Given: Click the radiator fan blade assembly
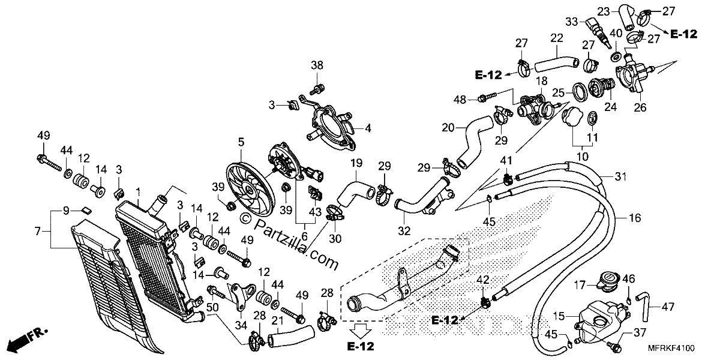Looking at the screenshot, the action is click(x=251, y=190).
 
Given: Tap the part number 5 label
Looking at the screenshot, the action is click(x=241, y=142).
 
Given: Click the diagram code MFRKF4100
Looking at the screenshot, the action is click(x=671, y=348).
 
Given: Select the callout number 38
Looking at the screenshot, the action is click(x=317, y=65).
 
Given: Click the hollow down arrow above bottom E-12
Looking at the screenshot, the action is click(x=361, y=331).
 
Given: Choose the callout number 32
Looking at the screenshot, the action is click(x=404, y=231).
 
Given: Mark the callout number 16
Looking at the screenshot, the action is click(x=635, y=218).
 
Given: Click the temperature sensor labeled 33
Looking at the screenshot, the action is click(x=597, y=33).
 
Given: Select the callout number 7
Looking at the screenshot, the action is click(x=38, y=231).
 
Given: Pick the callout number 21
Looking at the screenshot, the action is click(x=277, y=320).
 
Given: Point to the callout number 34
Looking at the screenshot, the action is click(x=241, y=325).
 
